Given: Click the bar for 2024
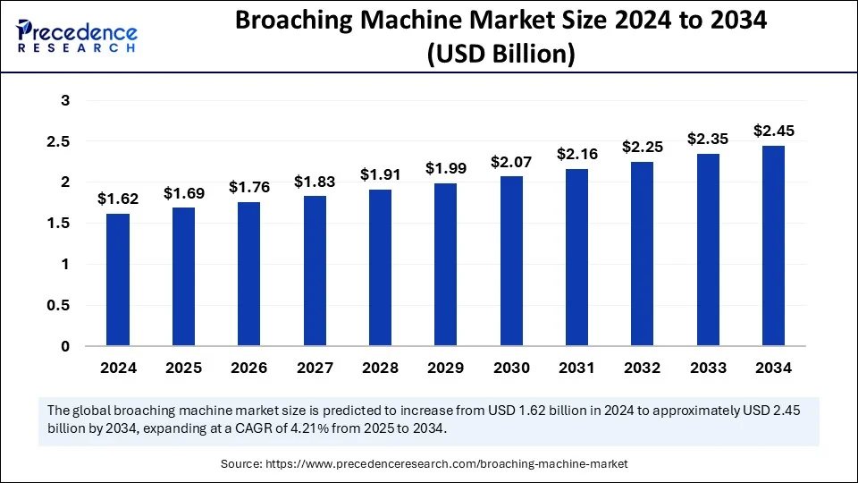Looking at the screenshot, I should (x=117, y=279).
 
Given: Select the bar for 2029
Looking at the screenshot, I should (x=446, y=264).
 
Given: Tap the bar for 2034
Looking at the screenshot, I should (x=774, y=245).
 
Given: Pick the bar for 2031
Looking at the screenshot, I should (x=577, y=257).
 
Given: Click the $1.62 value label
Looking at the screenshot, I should (x=117, y=199).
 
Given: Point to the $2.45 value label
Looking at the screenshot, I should (x=774, y=131).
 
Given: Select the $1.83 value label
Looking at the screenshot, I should (x=315, y=182).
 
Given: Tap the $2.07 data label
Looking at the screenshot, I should (x=511, y=162).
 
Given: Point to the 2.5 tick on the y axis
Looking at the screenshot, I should (x=59, y=141).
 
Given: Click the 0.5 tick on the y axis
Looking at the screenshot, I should (x=59, y=305).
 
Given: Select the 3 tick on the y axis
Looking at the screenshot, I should (x=65, y=101).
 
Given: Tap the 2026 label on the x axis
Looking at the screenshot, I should (x=248, y=368).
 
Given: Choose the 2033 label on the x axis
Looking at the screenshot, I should (x=708, y=368).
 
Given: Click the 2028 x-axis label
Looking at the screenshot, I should (x=380, y=368).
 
